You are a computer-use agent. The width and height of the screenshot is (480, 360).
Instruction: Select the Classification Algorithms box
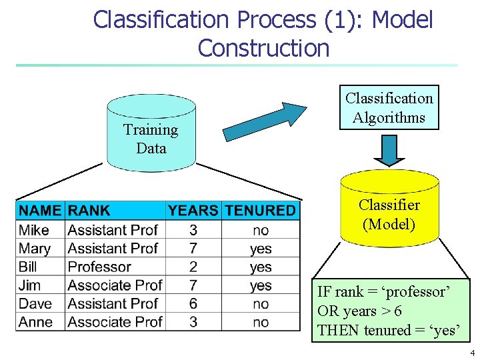point(389,107)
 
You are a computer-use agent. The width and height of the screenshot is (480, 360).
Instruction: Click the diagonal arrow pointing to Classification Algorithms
point(264,121)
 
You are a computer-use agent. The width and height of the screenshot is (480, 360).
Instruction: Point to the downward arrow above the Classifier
point(389,150)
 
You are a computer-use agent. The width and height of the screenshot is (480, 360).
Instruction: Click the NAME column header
point(40,211)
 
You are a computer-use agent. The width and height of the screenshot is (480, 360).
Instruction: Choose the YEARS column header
point(193,211)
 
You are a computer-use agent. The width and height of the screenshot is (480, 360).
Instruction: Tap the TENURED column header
point(260,211)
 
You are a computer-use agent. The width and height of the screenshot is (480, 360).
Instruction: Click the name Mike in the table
point(34,230)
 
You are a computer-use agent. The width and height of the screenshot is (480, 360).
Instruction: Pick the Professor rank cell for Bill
point(99,267)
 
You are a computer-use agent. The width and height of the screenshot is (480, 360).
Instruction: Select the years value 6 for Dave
point(193,303)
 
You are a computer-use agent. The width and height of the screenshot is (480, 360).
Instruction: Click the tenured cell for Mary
point(261,249)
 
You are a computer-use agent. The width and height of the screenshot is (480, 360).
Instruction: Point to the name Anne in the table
point(36,322)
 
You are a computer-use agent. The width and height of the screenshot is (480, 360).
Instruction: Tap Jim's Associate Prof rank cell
point(115,285)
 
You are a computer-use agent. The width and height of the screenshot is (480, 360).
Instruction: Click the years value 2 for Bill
point(193,267)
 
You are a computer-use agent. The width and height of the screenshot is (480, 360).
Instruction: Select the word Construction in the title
point(263,48)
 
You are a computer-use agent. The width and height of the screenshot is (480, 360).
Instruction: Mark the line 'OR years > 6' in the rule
point(359,311)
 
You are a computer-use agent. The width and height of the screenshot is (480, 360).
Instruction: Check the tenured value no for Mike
point(261,230)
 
